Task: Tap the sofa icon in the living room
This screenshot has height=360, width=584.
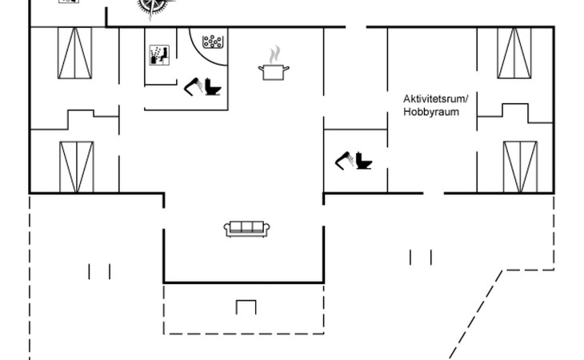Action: (x=246, y=229)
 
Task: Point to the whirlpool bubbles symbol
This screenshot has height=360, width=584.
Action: (x=213, y=42)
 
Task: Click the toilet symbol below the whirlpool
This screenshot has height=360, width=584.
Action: (x=213, y=86)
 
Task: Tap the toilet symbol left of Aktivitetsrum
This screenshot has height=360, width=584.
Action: (x=363, y=161)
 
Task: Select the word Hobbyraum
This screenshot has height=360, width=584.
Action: (x=431, y=112)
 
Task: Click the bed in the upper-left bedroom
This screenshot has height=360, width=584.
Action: (x=74, y=52)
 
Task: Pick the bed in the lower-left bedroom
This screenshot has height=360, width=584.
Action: (x=77, y=166)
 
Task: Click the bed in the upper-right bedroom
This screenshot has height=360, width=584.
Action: (x=515, y=52)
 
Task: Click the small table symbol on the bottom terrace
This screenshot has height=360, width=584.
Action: (x=246, y=306)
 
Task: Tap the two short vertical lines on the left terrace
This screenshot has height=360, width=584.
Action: (x=99, y=272)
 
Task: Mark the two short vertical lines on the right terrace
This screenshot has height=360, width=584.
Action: (x=421, y=257)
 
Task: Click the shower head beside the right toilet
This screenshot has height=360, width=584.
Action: (x=344, y=162)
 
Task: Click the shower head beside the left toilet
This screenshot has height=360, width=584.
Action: (x=192, y=86)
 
